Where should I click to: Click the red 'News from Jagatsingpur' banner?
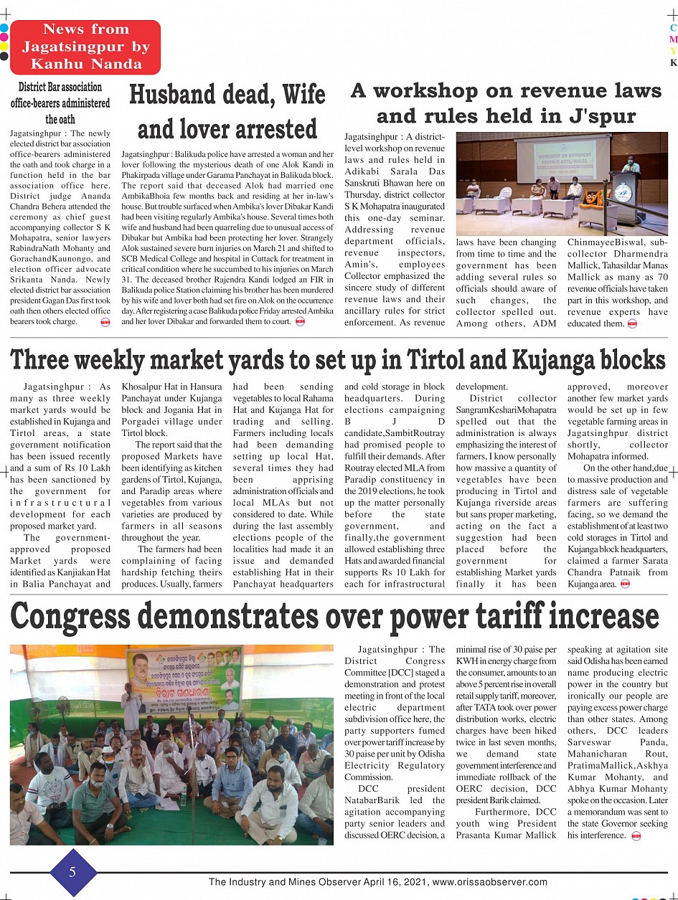(x=85, y=47)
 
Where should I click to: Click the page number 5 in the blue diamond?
(x=72, y=872)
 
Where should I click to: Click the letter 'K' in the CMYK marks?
(x=673, y=62)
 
